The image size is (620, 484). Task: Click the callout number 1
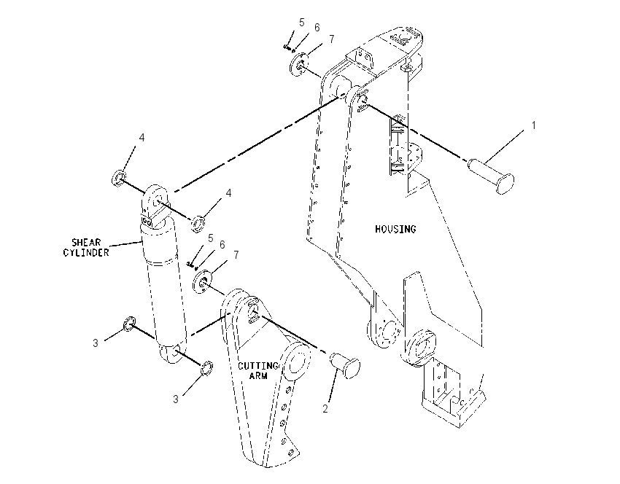pyautogui.click(x=533, y=125)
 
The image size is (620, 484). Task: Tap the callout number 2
pyautogui.click(x=325, y=409)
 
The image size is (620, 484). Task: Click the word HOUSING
pyautogui.click(x=395, y=229)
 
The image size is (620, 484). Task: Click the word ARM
pyautogui.click(x=258, y=375)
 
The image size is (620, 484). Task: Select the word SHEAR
pyautogui.click(x=86, y=242)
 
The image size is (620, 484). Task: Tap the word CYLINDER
pyautogui.click(x=86, y=252)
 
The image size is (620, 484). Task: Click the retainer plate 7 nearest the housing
pyautogui.click(x=300, y=64)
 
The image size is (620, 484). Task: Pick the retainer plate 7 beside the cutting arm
pyautogui.click(x=203, y=281)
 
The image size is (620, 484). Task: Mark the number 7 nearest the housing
pyautogui.click(x=331, y=39)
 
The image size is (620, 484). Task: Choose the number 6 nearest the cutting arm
pyautogui.click(x=222, y=245)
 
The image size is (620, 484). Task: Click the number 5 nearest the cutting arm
pyautogui.click(x=210, y=238)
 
